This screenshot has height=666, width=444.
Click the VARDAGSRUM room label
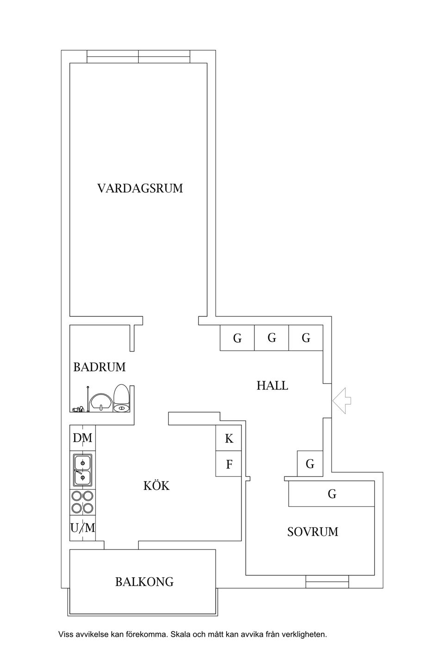pyautogui.click(x=140, y=189)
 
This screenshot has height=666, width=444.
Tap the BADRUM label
pyautogui.click(x=99, y=367)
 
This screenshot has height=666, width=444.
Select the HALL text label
pyautogui.click(x=272, y=385)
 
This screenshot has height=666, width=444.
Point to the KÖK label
pyautogui.click(x=156, y=486)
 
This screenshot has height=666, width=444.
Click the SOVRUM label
pyautogui.click(x=313, y=532)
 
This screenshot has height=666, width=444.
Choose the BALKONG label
pyautogui.click(x=144, y=582)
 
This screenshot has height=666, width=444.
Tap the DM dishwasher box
pyautogui.click(x=83, y=438)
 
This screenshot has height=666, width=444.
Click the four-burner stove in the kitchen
pyautogui.click(x=83, y=502)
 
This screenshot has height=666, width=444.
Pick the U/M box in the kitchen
pyautogui.click(x=83, y=528)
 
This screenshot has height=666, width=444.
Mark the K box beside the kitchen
pyautogui.click(x=229, y=438)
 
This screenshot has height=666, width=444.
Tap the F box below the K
pyautogui.click(x=229, y=464)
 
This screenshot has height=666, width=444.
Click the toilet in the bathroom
pyautogui.click(x=121, y=398)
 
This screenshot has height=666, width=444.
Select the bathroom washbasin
pyautogui.click(x=101, y=402)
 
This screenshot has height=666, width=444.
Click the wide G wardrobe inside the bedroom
pyautogui.click(x=332, y=494)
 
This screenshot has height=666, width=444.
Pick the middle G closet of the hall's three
pyautogui.click(x=271, y=338)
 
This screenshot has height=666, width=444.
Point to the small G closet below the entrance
pyautogui.click(x=310, y=463)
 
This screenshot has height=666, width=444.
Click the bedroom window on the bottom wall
pyautogui.click(x=327, y=581)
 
